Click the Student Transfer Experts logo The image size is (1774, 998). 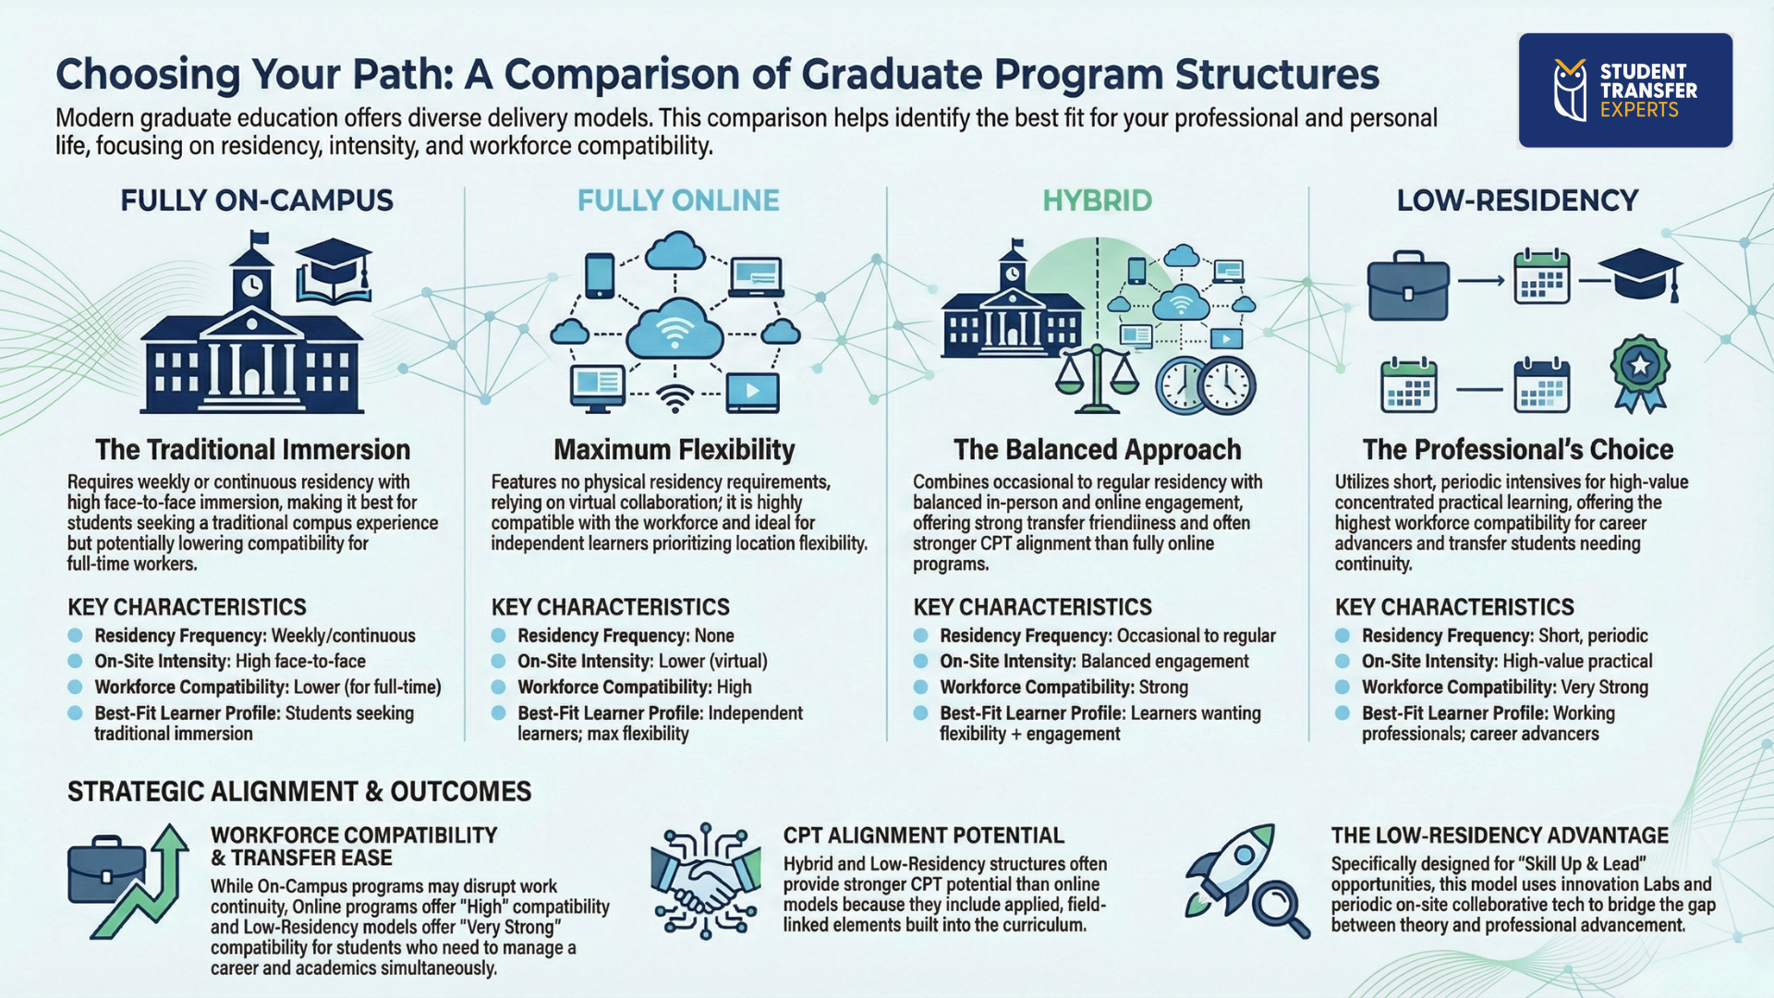click(1624, 91)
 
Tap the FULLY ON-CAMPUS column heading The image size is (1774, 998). click(257, 201)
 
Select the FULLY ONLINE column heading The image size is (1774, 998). click(678, 201)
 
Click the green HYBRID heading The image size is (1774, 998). click(1097, 201)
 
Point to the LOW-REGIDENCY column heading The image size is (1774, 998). click(1517, 201)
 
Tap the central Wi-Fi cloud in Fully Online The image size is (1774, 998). click(675, 329)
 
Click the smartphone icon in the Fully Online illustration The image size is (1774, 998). click(600, 275)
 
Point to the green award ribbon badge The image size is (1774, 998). click(1639, 371)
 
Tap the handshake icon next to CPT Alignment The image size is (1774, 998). click(704, 882)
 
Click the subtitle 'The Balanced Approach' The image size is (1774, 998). click(1097, 450)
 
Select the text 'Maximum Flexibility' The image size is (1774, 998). click(674, 450)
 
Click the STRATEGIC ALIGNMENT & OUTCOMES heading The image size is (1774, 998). click(299, 792)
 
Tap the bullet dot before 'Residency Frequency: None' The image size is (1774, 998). click(499, 636)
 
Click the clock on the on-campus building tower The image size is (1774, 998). click(251, 286)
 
